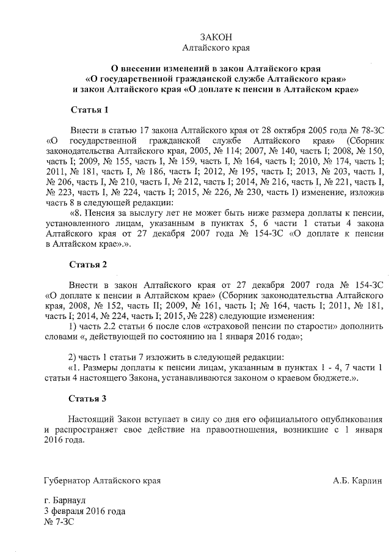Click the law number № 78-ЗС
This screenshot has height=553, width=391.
[x=365, y=131]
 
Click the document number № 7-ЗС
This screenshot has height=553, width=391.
[x=59, y=521]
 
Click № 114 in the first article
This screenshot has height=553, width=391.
[x=216, y=152]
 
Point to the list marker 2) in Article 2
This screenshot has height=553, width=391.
[x=73, y=357]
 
